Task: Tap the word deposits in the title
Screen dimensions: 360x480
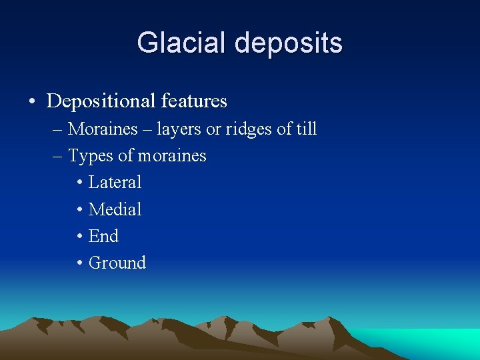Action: pyautogui.click(x=289, y=44)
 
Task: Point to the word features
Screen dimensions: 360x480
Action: pyautogui.click(x=194, y=101)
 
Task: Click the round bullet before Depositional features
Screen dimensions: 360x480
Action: pyautogui.click(x=32, y=102)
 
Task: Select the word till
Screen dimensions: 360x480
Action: pyautogui.click(x=306, y=129)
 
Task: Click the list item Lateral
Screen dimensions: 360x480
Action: pyautogui.click(x=115, y=182)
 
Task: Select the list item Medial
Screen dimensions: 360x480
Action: pyautogui.click(x=115, y=209)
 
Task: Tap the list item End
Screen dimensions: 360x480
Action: pyautogui.click(x=103, y=236)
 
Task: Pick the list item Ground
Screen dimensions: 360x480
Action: pyautogui.click(x=117, y=263)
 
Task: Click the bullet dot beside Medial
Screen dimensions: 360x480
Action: pyautogui.click(x=79, y=210)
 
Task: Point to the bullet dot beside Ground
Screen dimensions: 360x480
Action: pyautogui.click(x=79, y=263)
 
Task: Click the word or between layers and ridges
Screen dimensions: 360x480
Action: pyautogui.click(x=213, y=129)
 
